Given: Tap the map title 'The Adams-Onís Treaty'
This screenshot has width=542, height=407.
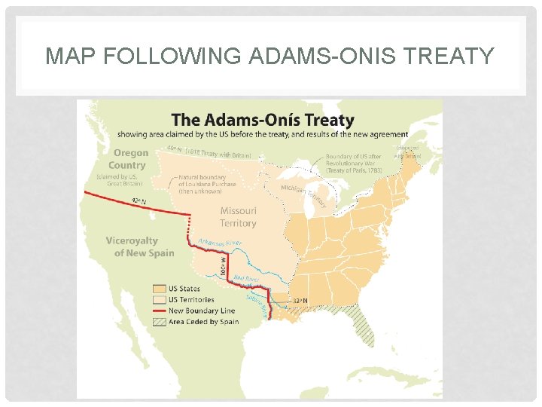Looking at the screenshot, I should point(263,121).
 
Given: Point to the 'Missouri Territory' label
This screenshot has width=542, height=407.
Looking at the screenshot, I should point(238,217).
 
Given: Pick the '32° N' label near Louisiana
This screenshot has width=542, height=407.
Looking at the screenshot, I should point(299,301).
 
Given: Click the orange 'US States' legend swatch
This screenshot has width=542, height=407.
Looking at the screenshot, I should point(159,289).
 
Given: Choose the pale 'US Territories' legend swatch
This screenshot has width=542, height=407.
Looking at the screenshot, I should point(159,299).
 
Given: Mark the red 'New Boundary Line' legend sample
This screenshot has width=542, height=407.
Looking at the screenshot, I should point(159,311).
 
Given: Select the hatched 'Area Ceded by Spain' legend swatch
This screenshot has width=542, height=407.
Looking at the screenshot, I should point(159,322).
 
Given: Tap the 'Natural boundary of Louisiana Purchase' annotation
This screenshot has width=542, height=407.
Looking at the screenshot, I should point(207,184).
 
